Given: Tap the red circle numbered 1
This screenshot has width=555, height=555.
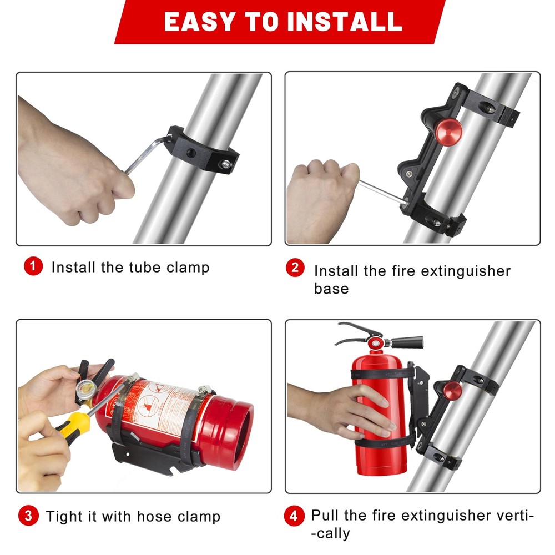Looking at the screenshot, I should click(x=33, y=267).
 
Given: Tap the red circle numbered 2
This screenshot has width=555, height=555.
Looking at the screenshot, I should click(x=295, y=268).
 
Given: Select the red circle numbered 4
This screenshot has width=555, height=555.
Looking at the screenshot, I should click(x=294, y=516).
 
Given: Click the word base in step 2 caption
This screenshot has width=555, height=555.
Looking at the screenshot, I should click(x=331, y=289).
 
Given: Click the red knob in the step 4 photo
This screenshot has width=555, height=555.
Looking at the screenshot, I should click(x=452, y=391).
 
